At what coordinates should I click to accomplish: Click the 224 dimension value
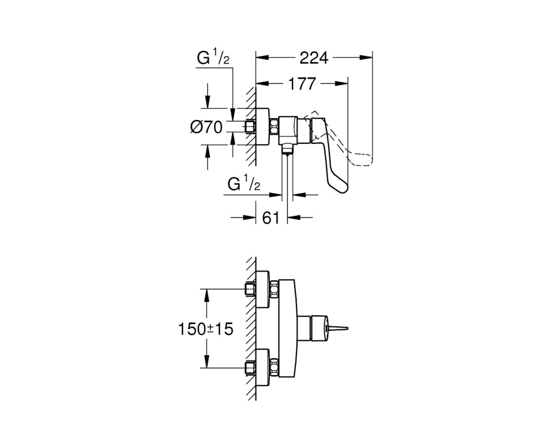point(314,58)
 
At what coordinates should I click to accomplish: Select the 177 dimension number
point(301,84)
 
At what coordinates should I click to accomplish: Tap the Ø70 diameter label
point(206,127)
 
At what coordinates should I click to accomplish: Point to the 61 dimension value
point(271,218)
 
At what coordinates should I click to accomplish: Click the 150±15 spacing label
point(205,329)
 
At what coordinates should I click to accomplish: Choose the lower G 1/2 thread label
point(244,184)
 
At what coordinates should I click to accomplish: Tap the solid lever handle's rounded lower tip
point(341,189)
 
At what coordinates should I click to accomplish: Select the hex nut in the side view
point(274,127)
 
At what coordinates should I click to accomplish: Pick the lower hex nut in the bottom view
point(274,368)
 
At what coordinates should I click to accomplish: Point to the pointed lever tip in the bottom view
point(340,329)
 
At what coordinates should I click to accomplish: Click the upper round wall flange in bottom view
point(263,290)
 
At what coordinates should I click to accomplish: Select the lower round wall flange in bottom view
point(263,368)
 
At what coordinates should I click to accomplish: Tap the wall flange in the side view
point(263,127)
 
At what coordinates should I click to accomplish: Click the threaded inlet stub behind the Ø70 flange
point(250,127)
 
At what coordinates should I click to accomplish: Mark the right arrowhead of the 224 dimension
point(366,57)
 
